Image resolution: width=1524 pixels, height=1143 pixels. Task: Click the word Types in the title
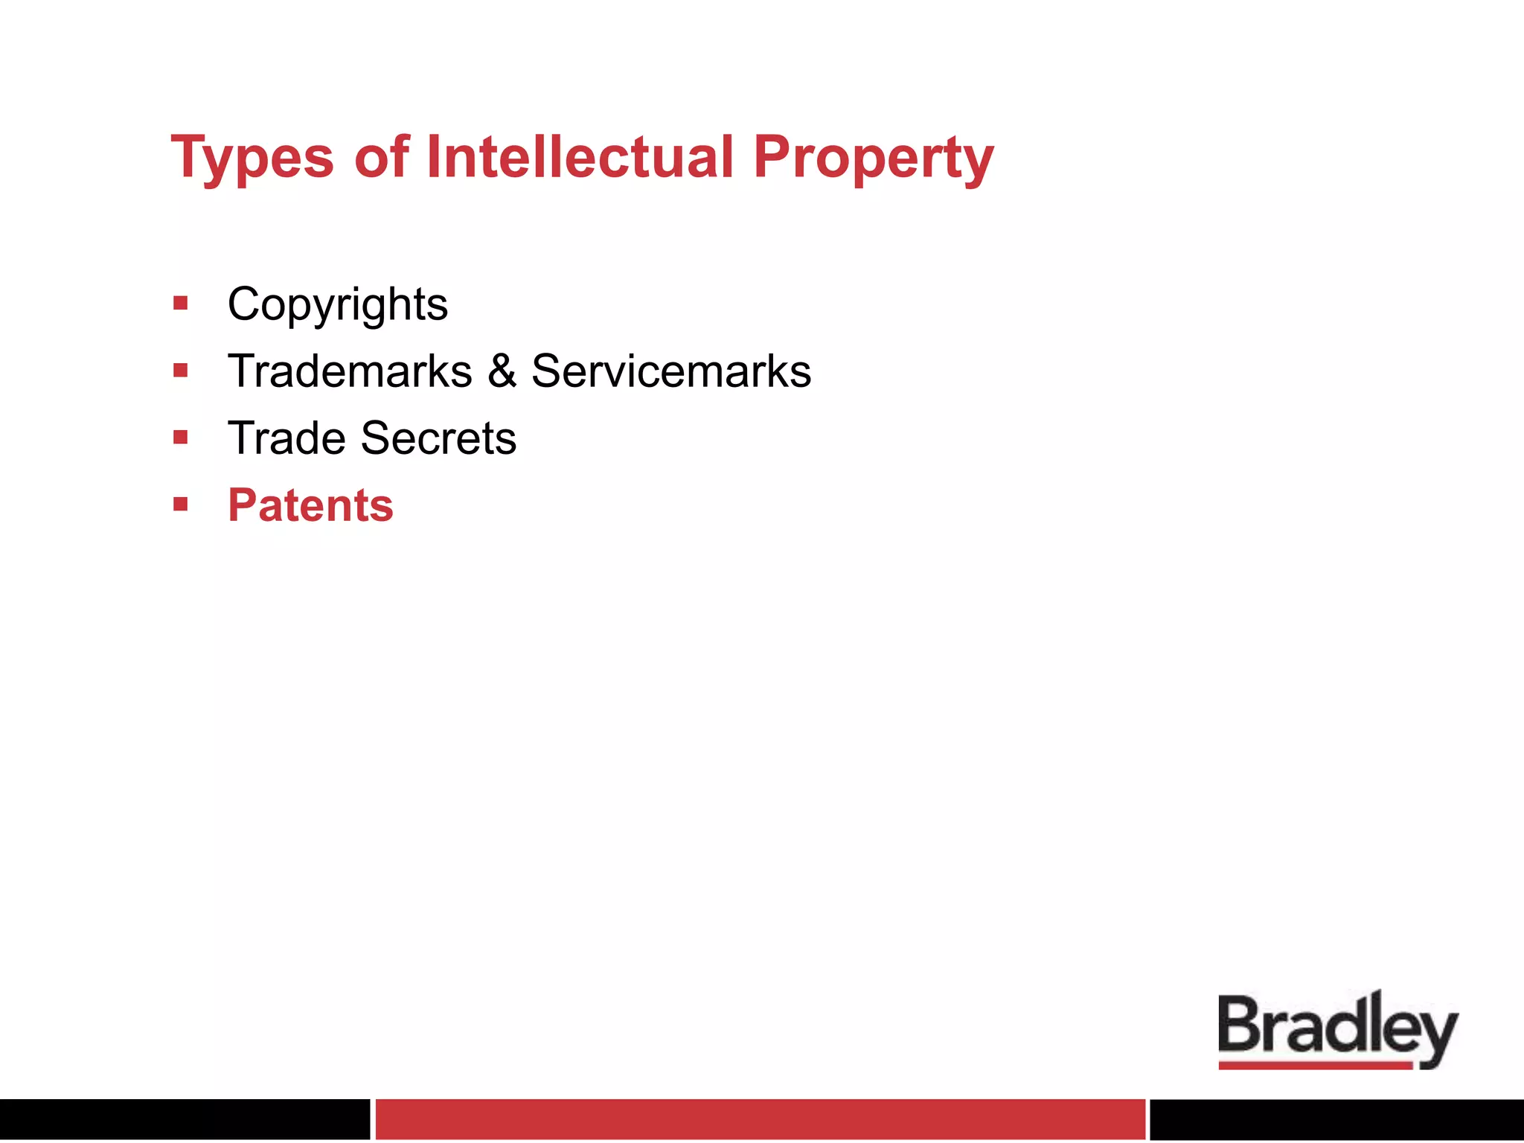pos(252,159)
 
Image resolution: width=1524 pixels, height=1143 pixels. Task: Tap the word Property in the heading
pos(873,159)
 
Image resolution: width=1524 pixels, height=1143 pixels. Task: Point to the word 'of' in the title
pos(382,157)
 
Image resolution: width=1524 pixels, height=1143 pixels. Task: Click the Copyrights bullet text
pos(338,305)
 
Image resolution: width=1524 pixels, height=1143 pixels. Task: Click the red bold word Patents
pos(310,505)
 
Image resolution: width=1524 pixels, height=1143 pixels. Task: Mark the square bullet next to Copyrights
pos(180,303)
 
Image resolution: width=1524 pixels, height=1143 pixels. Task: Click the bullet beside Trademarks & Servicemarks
pos(180,370)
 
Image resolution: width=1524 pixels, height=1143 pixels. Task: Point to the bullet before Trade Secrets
pos(180,437)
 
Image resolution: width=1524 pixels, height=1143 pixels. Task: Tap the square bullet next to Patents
pos(180,505)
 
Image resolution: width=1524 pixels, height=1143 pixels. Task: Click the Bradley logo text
pos(1337,1027)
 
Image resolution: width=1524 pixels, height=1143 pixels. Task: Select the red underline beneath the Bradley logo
pos(1315,1066)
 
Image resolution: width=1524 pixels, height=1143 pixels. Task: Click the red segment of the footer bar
pos(760,1118)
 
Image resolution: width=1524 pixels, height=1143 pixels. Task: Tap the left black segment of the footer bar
pos(185,1118)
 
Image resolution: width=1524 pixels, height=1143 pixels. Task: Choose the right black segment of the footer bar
pos(1336,1118)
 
